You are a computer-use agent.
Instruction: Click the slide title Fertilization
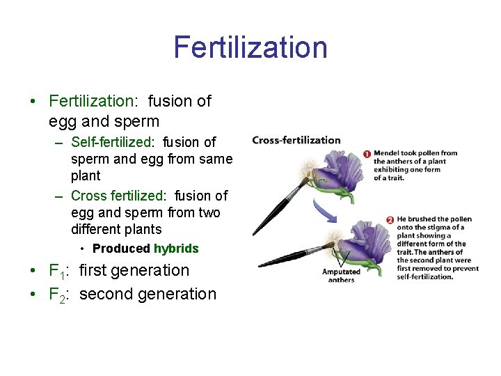coord(250,47)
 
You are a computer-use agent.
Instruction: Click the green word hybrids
coord(176,249)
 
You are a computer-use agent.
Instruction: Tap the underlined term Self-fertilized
coord(111,142)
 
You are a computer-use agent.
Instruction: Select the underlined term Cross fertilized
coord(114,196)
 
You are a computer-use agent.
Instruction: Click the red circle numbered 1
coord(367,154)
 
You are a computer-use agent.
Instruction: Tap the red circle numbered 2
coord(390,220)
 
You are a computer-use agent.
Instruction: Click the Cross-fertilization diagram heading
coord(296,140)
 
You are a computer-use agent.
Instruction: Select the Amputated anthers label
coord(341,276)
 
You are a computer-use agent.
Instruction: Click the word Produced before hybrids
coord(121,249)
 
